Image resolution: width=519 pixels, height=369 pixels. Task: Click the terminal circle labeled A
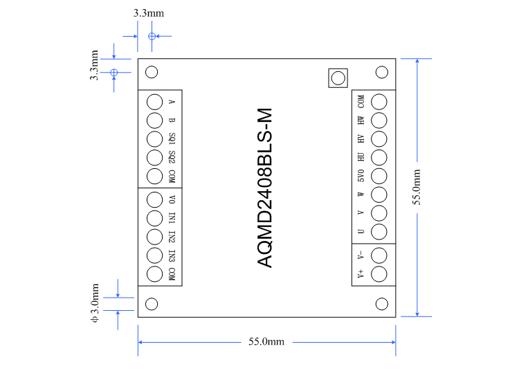[x=156, y=101]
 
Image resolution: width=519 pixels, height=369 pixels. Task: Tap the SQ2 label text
[x=172, y=156]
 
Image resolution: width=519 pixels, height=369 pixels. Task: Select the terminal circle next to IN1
[x=156, y=217]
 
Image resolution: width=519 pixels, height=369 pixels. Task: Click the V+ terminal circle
[x=379, y=274]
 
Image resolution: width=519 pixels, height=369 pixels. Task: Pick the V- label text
[x=361, y=255]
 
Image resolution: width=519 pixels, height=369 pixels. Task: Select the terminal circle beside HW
[x=379, y=120]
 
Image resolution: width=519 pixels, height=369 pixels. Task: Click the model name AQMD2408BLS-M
[x=266, y=188]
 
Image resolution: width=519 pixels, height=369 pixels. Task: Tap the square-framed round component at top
[x=337, y=78]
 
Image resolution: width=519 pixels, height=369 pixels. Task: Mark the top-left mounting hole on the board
[x=152, y=72]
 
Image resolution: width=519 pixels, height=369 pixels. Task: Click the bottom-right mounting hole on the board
[x=381, y=303]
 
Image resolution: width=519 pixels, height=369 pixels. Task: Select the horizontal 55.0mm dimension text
[x=266, y=341]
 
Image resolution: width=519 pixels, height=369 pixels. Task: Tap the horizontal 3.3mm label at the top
[x=148, y=13]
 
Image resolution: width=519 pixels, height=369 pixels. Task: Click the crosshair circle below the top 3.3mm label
[x=152, y=36]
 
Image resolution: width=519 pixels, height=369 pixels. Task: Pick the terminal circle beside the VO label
[x=156, y=199]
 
